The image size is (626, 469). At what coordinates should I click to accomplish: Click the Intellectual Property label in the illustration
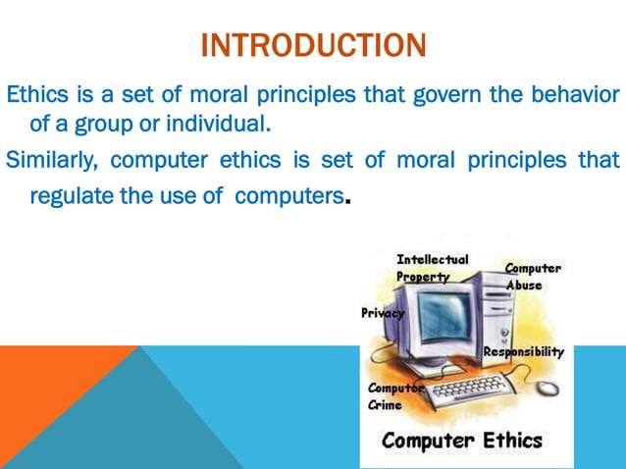(x=432, y=268)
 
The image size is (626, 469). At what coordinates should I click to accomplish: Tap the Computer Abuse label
(x=533, y=276)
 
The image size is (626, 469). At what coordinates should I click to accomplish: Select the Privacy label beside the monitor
(x=383, y=314)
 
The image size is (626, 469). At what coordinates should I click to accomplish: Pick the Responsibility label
(x=523, y=352)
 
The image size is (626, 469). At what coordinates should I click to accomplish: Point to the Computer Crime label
(x=394, y=396)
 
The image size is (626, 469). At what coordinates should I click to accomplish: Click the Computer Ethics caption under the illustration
(x=461, y=440)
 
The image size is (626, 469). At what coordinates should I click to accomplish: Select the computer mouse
(x=547, y=387)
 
